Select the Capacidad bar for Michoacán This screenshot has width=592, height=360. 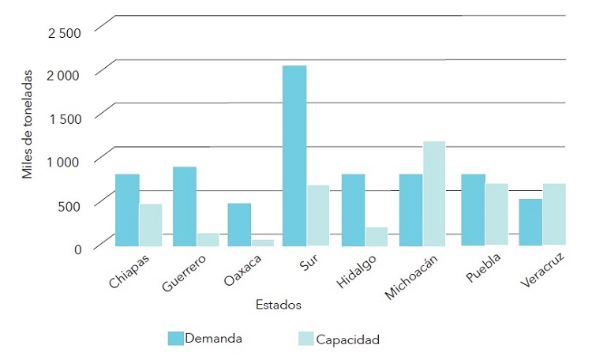point(433,193)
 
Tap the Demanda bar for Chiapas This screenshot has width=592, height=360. point(127,210)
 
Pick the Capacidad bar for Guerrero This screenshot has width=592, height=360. point(208,239)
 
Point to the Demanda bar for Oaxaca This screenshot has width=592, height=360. point(239,225)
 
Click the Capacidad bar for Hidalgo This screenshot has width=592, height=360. point(377,237)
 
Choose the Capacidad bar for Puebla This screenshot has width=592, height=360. point(496,214)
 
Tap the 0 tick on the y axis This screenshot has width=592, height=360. point(77,249)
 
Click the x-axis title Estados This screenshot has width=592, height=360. point(278,304)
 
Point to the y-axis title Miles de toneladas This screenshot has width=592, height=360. point(28,126)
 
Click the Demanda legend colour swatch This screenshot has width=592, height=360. point(175,339)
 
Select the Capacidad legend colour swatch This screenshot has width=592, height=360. point(305,339)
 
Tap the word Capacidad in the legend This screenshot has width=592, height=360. point(348,340)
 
